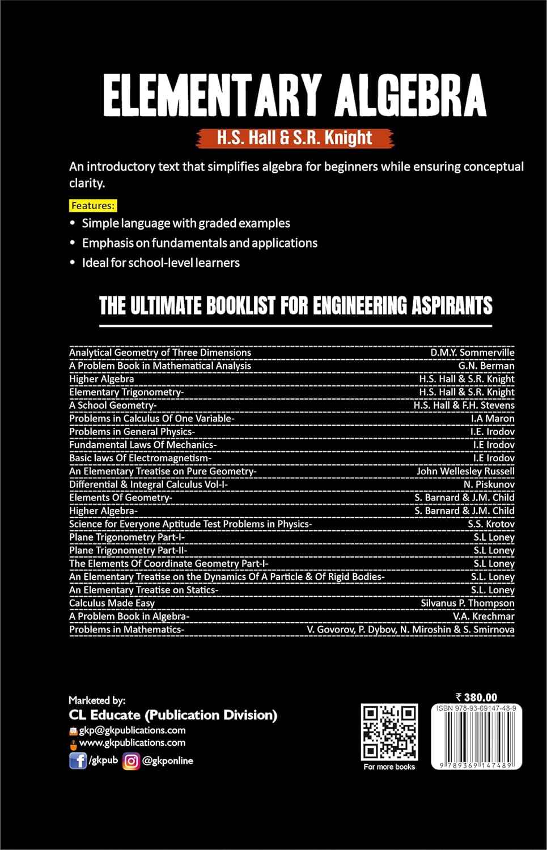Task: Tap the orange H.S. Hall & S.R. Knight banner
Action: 294,138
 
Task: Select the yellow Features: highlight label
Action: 93,205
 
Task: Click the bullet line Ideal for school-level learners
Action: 160,262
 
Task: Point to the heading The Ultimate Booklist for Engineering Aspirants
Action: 295,306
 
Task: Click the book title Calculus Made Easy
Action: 112,603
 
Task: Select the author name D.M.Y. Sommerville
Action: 472,352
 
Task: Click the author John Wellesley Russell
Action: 465,471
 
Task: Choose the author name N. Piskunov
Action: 489,484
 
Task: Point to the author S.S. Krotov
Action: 491,524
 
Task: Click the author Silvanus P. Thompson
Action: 468,603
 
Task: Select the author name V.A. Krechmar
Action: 484,616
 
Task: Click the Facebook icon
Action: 77,760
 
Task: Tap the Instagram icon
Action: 131,760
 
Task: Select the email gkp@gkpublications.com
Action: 132,730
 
